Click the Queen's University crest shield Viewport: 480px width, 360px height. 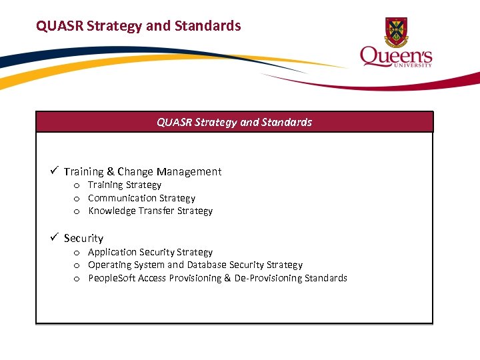click(397, 31)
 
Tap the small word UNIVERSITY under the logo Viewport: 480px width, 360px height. click(417, 65)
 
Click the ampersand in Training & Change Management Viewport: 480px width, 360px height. click(111, 171)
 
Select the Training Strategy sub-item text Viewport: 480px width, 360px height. click(125, 185)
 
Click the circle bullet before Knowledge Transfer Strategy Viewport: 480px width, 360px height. click(77, 211)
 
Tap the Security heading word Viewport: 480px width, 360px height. click(83, 238)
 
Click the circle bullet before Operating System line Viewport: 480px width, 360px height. click(77, 265)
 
